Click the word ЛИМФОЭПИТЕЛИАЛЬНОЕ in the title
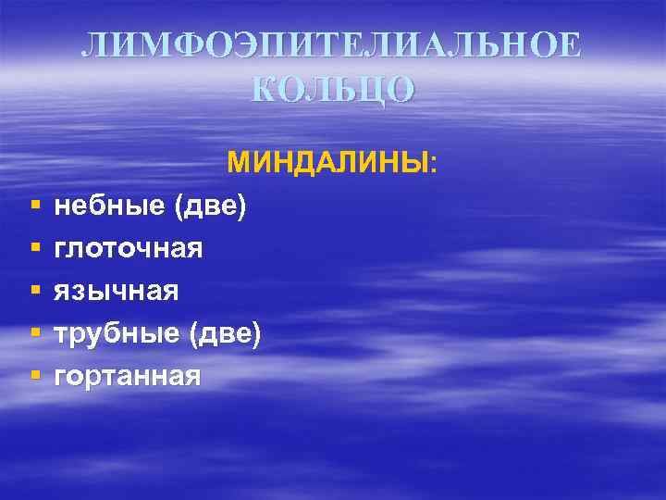pyautogui.click(x=332, y=46)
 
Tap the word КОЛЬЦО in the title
pyautogui.click(x=333, y=89)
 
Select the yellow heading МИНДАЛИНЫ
pyautogui.click(x=327, y=164)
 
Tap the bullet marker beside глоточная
pyautogui.click(x=34, y=249)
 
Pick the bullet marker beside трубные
pyautogui.click(x=34, y=334)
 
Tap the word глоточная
pyautogui.click(x=129, y=249)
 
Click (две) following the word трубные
pyautogui.click(x=225, y=334)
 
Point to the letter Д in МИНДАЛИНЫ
pyautogui.click(x=320, y=164)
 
